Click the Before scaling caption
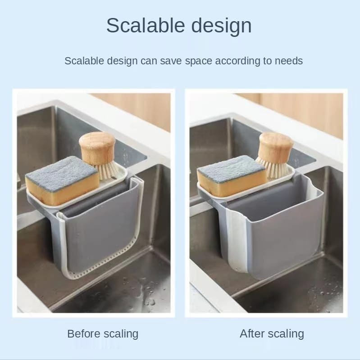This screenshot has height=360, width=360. pos(103,334)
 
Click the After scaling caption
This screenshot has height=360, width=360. pos(272,334)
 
